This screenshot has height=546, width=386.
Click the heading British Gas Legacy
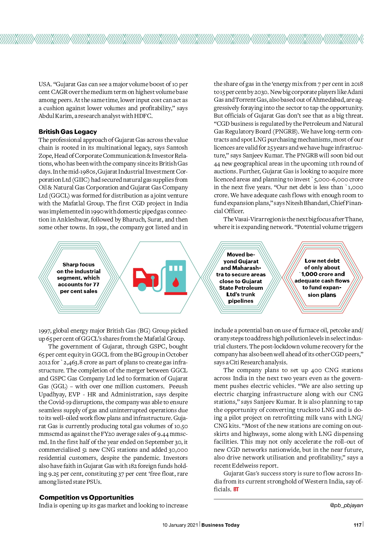68,132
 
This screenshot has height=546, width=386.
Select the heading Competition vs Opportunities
87,497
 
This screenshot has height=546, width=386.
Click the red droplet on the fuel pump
176,282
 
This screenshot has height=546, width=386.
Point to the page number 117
357,525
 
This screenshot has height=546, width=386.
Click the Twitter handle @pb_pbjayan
346,505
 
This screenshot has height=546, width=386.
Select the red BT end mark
236,489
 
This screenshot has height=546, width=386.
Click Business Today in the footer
220,525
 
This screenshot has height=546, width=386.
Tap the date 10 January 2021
180,525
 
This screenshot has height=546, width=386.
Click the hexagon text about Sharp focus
78,278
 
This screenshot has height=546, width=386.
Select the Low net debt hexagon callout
322,278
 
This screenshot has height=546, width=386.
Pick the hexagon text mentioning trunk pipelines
241,278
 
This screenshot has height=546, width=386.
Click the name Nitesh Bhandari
307,203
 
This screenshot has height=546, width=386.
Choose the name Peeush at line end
178,386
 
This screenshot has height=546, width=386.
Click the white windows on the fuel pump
176,268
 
